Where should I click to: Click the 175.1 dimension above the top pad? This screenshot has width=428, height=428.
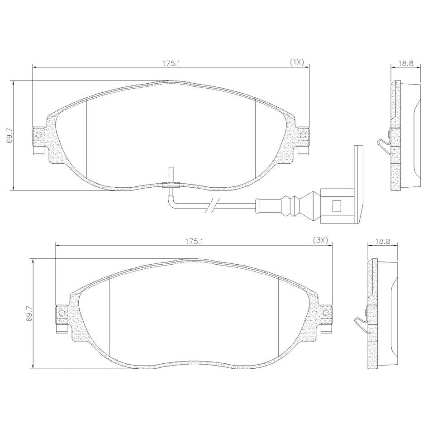170,63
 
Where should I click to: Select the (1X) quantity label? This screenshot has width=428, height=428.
297,62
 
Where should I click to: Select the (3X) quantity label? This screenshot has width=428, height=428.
319,241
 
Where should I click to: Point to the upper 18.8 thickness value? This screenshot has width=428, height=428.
405,63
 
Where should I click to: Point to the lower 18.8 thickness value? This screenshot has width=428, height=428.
383,241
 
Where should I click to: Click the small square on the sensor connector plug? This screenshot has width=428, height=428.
337,204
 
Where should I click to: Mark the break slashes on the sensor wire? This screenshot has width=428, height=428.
212,206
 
